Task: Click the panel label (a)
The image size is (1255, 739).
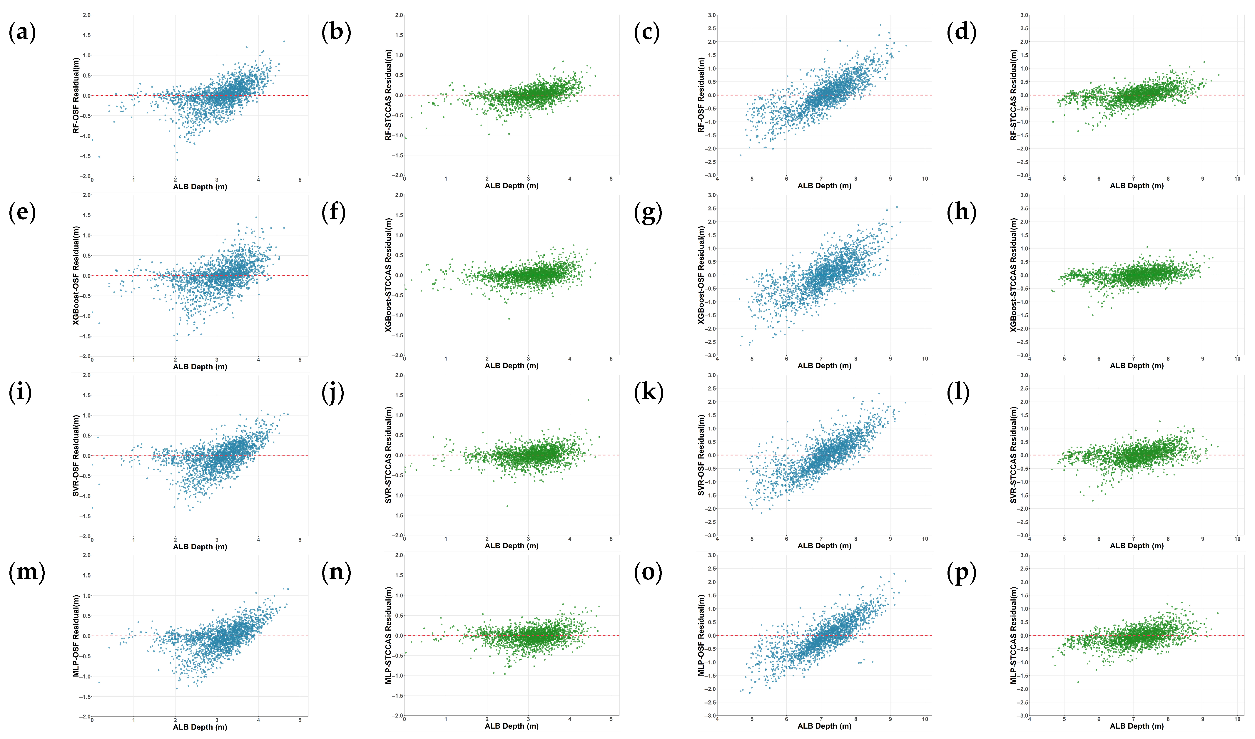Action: click(22, 33)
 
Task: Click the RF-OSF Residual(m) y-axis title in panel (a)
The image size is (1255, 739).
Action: click(76, 95)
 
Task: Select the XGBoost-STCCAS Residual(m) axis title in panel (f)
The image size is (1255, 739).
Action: click(388, 275)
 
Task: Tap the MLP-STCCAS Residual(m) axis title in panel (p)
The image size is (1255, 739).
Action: click(1013, 635)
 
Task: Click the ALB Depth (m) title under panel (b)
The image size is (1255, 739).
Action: click(512, 186)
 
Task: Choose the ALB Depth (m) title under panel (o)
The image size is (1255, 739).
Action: click(825, 726)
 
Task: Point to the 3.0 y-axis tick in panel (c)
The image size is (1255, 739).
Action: click(712, 16)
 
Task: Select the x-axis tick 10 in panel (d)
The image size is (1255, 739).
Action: click(1238, 179)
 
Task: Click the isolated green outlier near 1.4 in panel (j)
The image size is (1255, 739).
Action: click(588, 400)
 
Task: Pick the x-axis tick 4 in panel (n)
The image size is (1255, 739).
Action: click(570, 719)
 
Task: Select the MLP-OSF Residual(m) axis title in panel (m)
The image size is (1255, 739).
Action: click(76, 636)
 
